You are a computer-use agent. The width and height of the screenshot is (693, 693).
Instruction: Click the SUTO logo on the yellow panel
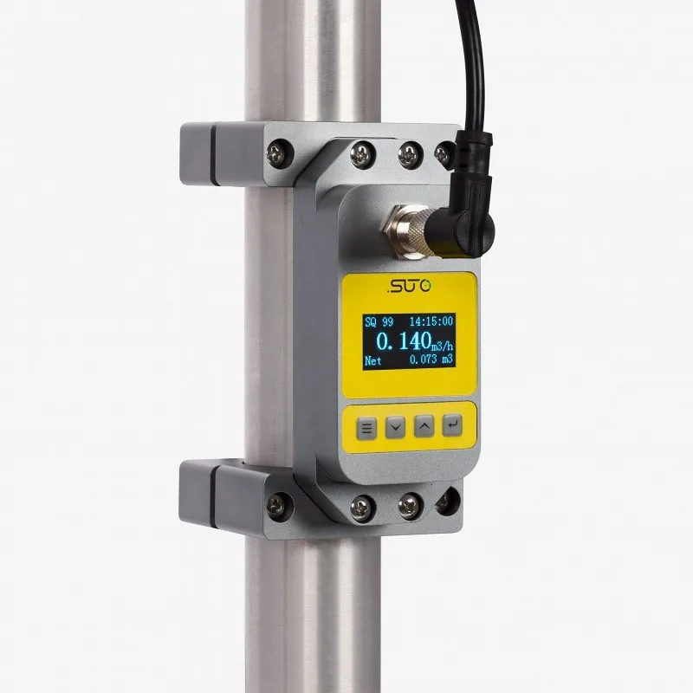pos(409,287)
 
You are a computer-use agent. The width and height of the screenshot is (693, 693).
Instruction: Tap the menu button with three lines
pos(366,428)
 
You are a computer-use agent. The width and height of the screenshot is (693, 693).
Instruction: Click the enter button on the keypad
pos(452,425)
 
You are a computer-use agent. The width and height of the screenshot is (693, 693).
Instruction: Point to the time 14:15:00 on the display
pos(431,321)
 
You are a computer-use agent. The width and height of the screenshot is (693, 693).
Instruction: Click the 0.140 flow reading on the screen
pos(404,341)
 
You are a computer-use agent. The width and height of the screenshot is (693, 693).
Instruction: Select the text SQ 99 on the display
pos(379,321)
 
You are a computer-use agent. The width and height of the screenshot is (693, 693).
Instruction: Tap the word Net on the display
pos(373,361)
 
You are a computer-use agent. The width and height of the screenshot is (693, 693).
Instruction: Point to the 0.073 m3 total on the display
pos(431,359)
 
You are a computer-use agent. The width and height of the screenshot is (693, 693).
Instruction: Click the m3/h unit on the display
pos(442,345)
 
